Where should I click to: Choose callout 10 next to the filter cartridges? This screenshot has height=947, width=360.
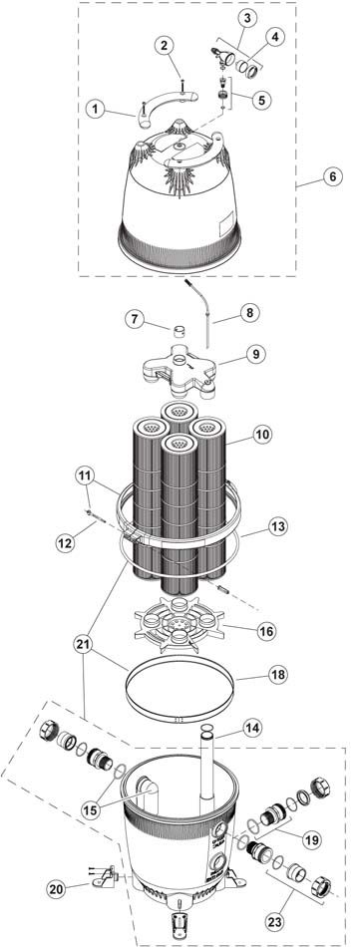point(263,435)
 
